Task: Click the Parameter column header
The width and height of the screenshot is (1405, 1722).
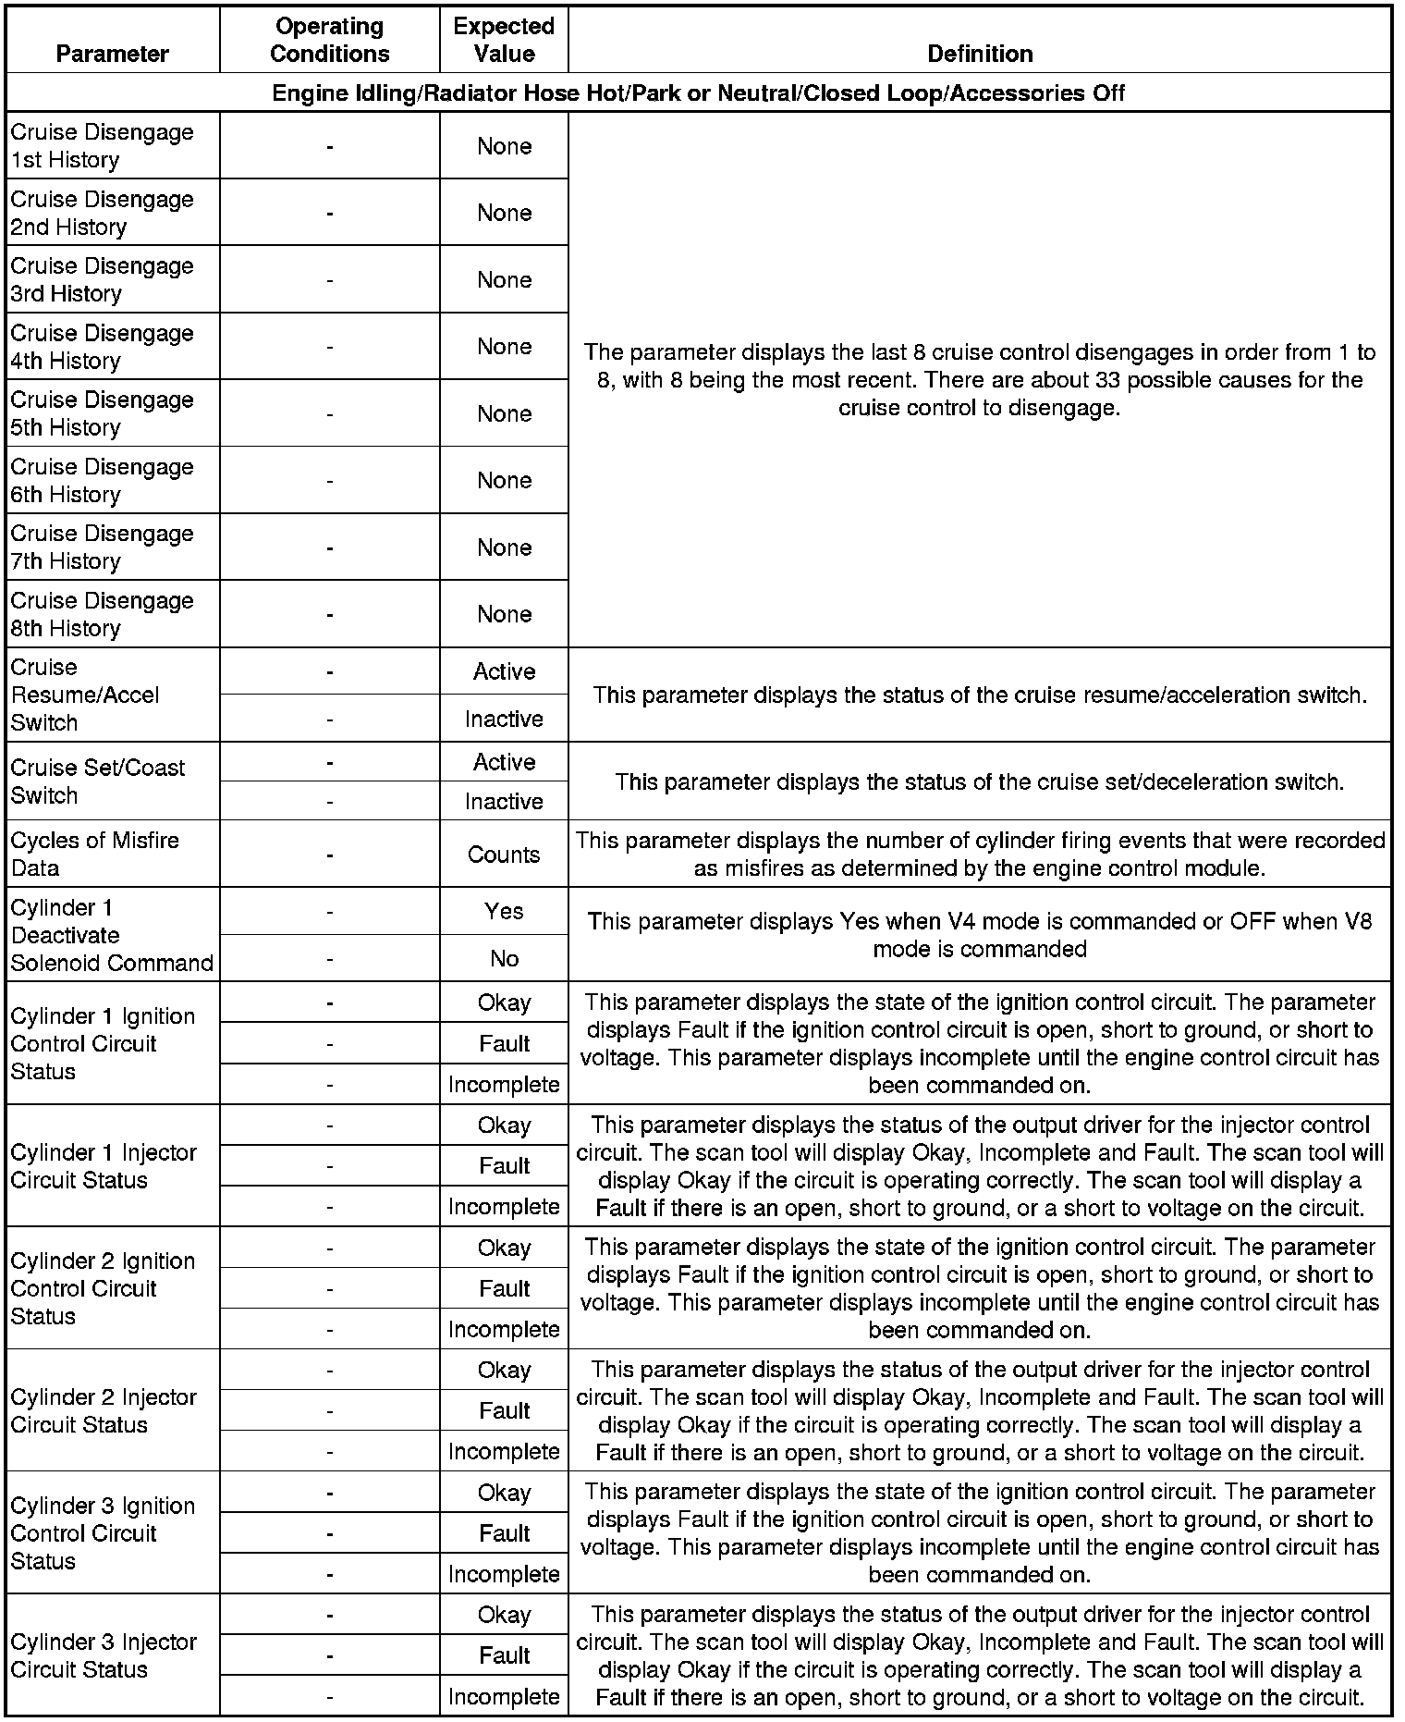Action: [113, 54]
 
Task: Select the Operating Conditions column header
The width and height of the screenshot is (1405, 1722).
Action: [330, 40]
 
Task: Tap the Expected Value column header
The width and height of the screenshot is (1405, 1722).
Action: [504, 40]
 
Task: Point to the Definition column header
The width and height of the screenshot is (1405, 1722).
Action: [980, 54]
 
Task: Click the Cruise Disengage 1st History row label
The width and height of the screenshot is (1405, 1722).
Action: [102, 146]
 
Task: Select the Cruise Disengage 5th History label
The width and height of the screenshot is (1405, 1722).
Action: [102, 413]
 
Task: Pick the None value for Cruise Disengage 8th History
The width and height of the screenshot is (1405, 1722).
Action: [504, 614]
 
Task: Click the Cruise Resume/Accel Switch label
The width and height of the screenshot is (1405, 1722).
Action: [85, 695]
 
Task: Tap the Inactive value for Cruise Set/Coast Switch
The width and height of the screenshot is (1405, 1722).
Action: [504, 801]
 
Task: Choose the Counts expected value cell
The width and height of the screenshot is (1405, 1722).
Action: [504, 855]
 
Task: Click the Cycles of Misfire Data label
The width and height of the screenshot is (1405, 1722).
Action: [95, 855]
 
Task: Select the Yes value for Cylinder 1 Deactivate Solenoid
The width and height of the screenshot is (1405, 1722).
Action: [504, 911]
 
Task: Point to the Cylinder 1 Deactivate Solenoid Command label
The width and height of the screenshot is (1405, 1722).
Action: [112, 935]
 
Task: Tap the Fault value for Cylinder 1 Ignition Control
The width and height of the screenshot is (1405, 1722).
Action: [504, 1043]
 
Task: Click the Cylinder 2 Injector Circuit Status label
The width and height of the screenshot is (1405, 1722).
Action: [104, 1410]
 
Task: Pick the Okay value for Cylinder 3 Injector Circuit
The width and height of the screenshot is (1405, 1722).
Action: [504, 1615]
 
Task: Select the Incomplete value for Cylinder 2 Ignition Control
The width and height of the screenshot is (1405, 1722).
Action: [504, 1329]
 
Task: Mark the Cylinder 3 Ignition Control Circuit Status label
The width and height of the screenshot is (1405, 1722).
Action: [103, 1533]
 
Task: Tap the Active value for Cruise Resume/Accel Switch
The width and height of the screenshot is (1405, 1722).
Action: [504, 671]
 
